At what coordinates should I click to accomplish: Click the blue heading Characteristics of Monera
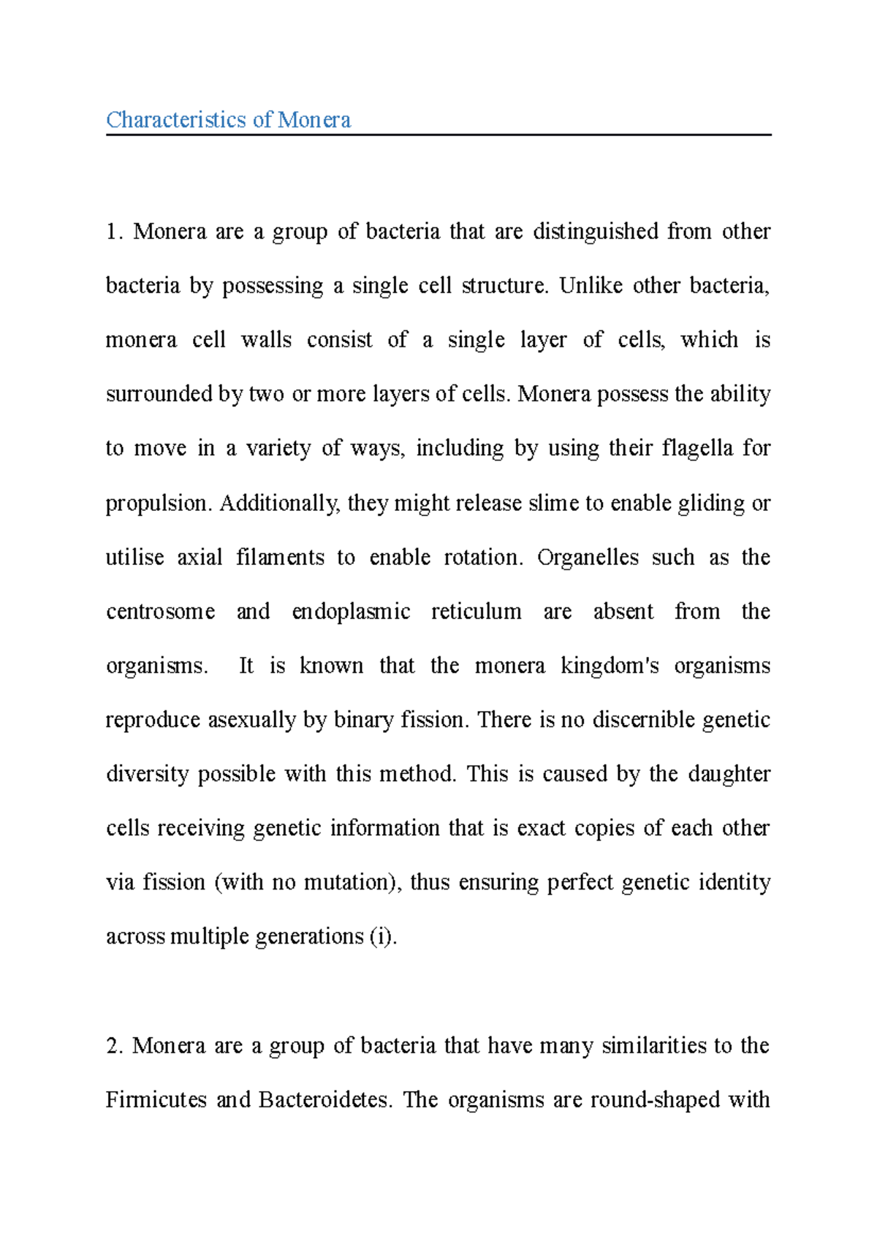pyautogui.click(x=228, y=120)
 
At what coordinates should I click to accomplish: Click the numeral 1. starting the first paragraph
pyautogui.click(x=113, y=232)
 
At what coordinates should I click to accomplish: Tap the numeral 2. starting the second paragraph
pyautogui.click(x=113, y=1046)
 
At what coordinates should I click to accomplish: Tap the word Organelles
pyautogui.click(x=588, y=558)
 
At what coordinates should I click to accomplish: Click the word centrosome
pyautogui.click(x=160, y=611)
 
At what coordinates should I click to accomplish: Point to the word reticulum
pyautogui.click(x=476, y=611)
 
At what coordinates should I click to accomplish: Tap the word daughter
pyautogui.click(x=729, y=774)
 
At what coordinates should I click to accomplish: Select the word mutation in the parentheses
pyautogui.click(x=349, y=883)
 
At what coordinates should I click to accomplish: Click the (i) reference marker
pyautogui.click(x=380, y=937)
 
